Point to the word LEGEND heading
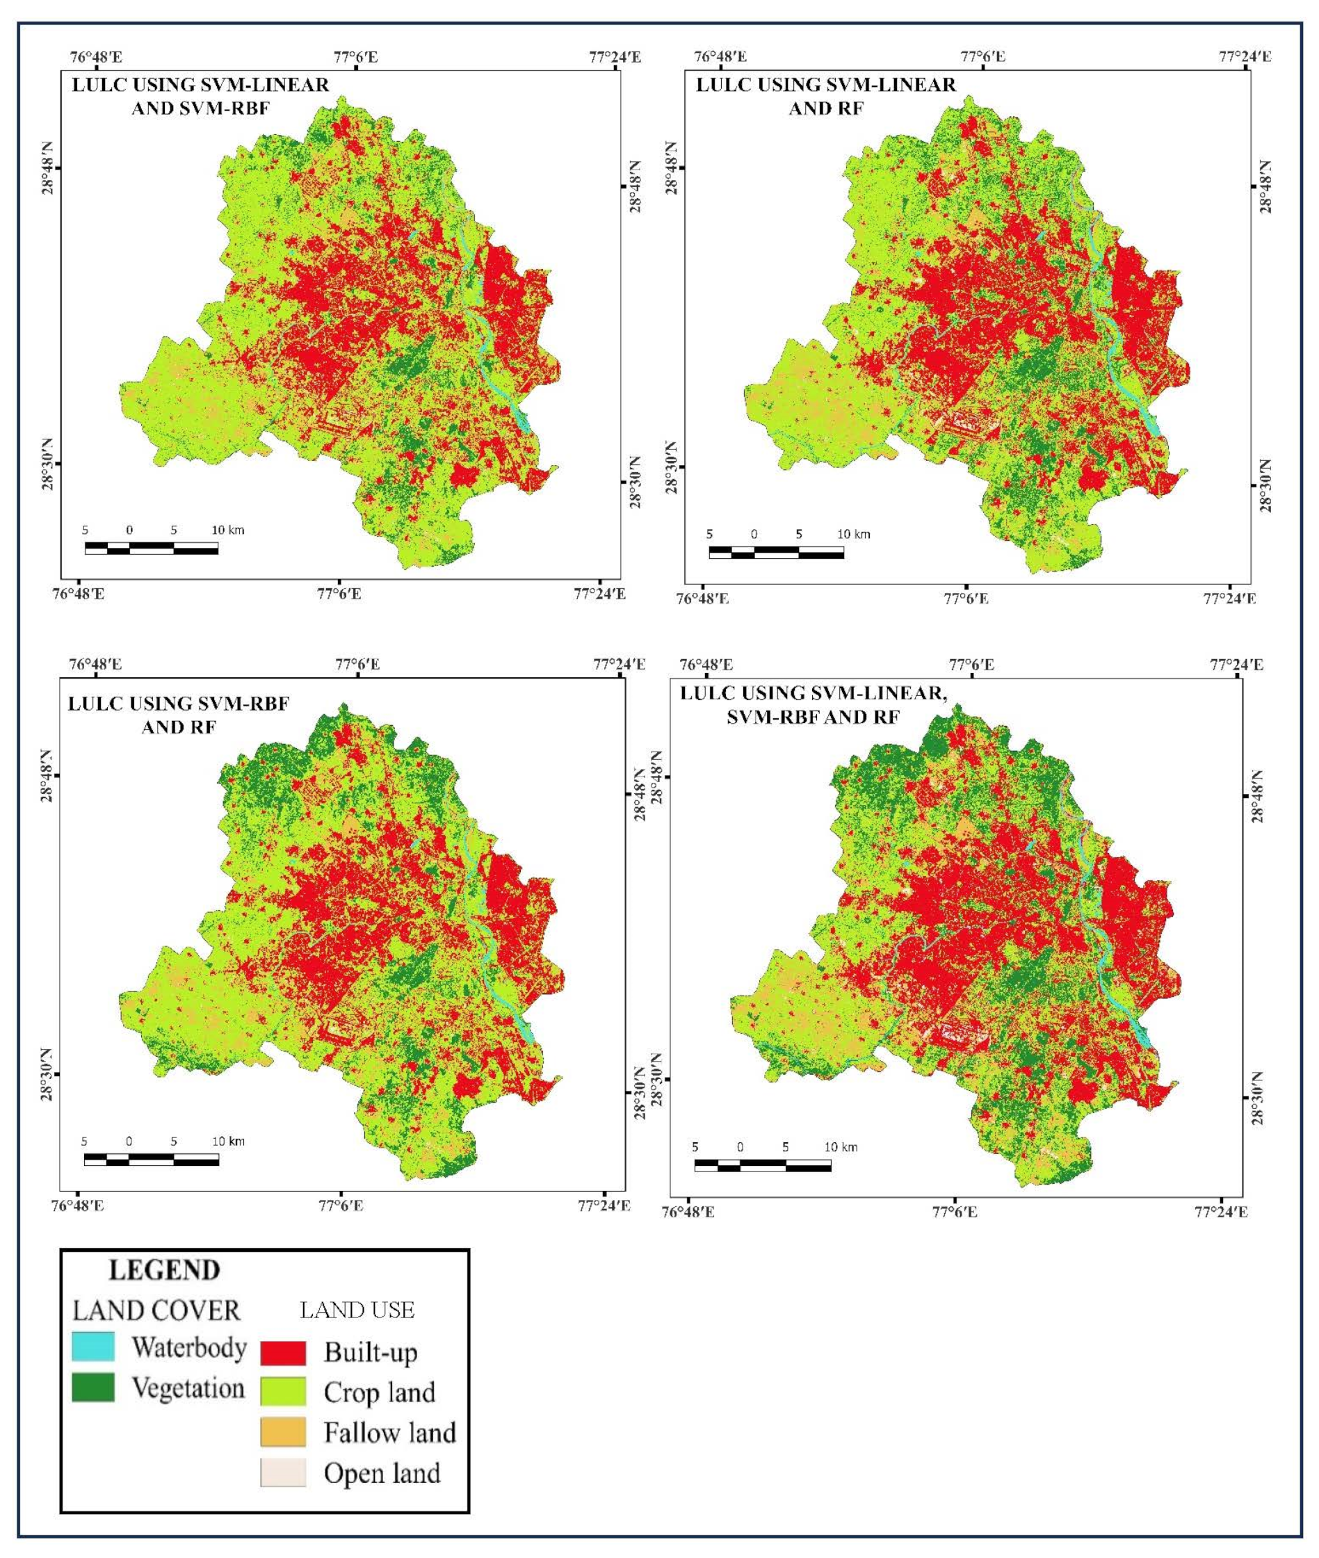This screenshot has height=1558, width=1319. (165, 1270)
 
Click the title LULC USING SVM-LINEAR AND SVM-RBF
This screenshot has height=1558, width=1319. (200, 96)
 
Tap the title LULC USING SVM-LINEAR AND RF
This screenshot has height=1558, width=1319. (825, 96)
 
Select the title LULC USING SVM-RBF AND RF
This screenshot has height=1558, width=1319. (179, 715)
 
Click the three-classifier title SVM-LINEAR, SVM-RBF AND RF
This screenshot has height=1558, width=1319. (813, 704)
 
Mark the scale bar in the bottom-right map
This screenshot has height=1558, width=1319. (762, 1165)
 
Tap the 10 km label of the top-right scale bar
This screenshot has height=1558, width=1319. (853, 535)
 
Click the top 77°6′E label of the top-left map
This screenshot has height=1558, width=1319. (356, 56)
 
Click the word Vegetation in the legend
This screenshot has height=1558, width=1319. (188, 1388)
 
